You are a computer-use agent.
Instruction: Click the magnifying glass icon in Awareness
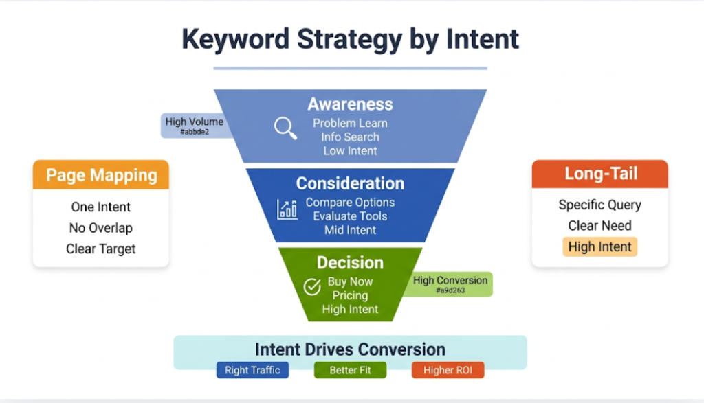pyautogui.click(x=285, y=128)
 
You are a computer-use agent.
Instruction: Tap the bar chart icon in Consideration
pyautogui.click(x=287, y=209)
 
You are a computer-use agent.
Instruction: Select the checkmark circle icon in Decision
pyautogui.click(x=312, y=287)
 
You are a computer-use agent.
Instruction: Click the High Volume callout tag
pyautogui.click(x=195, y=126)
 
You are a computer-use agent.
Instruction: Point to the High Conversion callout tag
pyautogui.click(x=450, y=284)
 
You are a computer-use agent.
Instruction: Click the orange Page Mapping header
pyautogui.click(x=101, y=176)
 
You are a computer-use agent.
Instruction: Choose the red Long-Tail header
pyautogui.click(x=599, y=174)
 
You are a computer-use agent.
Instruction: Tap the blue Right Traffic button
pyautogui.click(x=252, y=370)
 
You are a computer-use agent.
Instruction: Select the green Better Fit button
pyautogui.click(x=350, y=370)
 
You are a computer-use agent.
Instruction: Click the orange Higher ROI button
pyautogui.click(x=448, y=370)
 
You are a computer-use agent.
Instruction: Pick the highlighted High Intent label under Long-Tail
pyautogui.click(x=599, y=247)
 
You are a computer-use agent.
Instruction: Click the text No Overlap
pyautogui.click(x=100, y=228)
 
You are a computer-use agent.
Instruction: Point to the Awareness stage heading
pyautogui.click(x=350, y=104)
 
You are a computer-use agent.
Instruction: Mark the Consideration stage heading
pyautogui.click(x=350, y=183)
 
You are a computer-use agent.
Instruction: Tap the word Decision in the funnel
pyautogui.click(x=350, y=262)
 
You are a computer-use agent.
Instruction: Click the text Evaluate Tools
pyautogui.click(x=350, y=216)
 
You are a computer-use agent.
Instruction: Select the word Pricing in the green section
pyautogui.click(x=350, y=295)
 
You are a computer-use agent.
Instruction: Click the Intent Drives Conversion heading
pyautogui.click(x=350, y=349)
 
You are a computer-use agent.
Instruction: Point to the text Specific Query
pyautogui.click(x=599, y=205)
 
